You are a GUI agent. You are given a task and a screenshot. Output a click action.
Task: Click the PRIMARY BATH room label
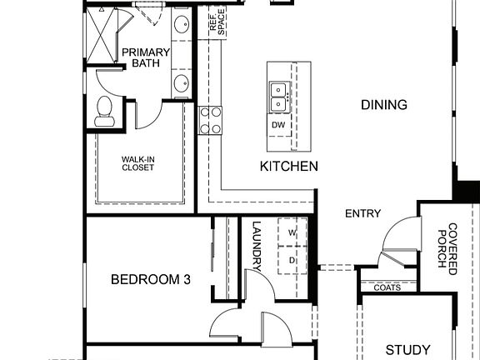coord(146,57)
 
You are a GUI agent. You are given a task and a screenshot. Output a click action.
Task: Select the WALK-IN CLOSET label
coord(137,162)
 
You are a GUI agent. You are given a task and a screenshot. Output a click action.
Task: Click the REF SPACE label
coord(217,22)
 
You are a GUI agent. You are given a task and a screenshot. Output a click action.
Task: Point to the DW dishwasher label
coord(278,125)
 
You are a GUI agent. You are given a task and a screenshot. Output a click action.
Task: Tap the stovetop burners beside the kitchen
coord(210,120)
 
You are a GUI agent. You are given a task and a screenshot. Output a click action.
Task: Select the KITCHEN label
coord(288,167)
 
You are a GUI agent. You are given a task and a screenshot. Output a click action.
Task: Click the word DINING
coord(361,105)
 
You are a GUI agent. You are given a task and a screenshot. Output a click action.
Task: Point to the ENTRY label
coord(362,214)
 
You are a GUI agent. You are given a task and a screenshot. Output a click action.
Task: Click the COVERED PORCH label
coord(447,248)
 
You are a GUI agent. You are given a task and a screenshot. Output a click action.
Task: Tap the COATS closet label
coord(387,287)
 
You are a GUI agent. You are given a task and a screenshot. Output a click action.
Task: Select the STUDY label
coord(407,350)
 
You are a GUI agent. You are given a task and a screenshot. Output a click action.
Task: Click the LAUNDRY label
coord(257,247)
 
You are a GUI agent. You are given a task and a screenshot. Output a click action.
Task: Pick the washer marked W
coord(292,232)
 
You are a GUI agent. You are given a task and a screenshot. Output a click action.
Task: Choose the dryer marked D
coord(292,260)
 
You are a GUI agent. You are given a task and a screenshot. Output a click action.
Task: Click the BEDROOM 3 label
coord(151,280)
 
